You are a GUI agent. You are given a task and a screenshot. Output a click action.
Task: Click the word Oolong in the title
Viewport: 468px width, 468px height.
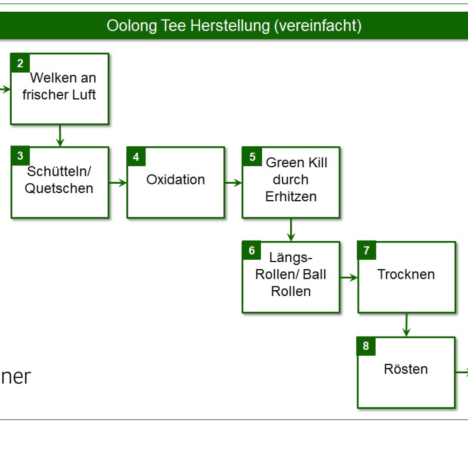click(132, 26)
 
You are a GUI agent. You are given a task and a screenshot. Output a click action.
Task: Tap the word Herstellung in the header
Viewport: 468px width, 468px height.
click(230, 25)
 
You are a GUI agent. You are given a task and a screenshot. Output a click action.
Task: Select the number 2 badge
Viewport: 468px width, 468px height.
click(20, 63)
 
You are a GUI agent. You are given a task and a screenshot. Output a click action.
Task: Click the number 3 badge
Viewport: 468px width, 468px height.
click(20, 156)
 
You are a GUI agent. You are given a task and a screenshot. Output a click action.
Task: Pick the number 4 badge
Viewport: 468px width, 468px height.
click(136, 157)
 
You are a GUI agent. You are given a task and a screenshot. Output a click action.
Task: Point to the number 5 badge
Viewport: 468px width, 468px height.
click(252, 157)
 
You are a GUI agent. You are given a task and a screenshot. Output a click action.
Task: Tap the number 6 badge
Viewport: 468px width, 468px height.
click(252, 250)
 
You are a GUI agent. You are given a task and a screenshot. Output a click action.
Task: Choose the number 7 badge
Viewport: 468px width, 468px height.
click(367, 250)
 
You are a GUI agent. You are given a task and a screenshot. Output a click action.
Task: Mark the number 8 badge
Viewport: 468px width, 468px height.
click(366, 346)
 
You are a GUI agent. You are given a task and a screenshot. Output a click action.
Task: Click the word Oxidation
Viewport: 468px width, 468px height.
click(175, 179)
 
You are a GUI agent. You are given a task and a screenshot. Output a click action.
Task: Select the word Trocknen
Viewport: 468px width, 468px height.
click(406, 274)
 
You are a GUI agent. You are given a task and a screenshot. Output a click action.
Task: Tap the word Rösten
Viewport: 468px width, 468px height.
click(406, 369)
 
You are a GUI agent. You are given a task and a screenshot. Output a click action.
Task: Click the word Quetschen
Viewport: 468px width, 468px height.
click(59, 188)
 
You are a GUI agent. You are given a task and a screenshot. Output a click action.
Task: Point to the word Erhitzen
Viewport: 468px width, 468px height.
click(291, 197)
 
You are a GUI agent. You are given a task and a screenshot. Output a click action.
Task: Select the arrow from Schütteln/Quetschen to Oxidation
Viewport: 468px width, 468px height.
click(118, 183)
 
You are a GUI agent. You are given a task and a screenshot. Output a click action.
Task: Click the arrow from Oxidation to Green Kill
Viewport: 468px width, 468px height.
click(233, 183)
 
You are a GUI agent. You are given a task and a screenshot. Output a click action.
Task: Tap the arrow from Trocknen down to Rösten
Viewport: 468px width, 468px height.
click(406, 325)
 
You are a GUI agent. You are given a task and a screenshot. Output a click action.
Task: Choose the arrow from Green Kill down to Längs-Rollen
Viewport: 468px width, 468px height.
click(291, 230)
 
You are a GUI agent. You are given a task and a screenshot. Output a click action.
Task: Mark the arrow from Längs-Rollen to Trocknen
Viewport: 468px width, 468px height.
click(349, 277)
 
